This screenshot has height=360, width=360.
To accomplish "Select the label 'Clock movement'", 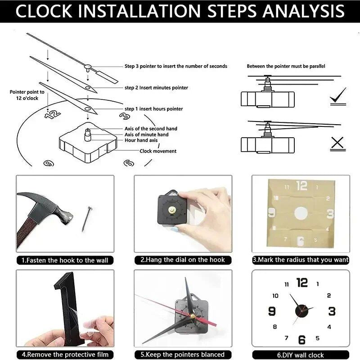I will pos(158,151).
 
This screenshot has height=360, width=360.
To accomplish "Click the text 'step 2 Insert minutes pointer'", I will pos(156,88).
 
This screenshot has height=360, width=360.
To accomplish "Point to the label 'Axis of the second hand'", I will pos(151,129).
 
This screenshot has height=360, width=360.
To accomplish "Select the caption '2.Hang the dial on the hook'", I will pos(183,260).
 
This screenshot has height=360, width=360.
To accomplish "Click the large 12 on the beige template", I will pos(301,186).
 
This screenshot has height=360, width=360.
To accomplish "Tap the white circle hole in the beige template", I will pos(301,213).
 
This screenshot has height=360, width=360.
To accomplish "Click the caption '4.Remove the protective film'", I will pos(65,355).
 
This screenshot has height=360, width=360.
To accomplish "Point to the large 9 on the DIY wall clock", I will pos(272,311).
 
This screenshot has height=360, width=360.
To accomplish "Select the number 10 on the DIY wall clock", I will pos(275,296).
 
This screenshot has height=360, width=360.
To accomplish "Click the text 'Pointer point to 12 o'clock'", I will pos(27,94).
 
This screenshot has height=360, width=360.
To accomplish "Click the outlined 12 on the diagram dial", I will pos(53,113).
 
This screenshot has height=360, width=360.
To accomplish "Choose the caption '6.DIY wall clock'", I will pos(301,355).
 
